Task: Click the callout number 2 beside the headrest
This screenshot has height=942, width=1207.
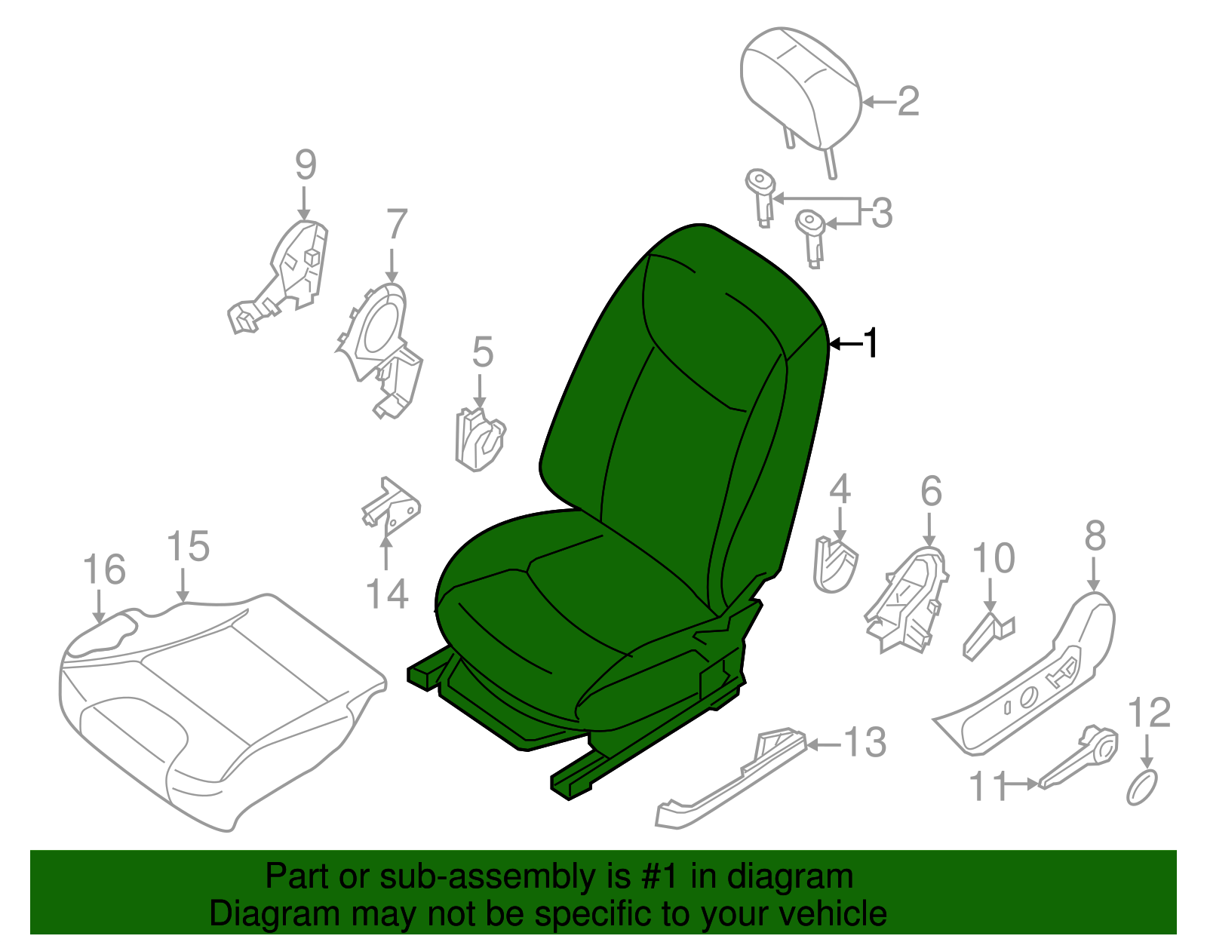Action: pyautogui.click(x=908, y=102)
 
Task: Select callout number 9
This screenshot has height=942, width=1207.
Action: pyautogui.click(x=305, y=165)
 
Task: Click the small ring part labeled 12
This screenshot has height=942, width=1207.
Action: pyautogui.click(x=1142, y=788)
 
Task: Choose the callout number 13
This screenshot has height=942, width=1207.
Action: pyautogui.click(x=864, y=743)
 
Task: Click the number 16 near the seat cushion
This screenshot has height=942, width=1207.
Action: pyautogui.click(x=103, y=570)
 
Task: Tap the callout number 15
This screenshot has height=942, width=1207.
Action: pyautogui.click(x=187, y=547)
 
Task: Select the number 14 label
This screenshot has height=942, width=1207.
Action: pyautogui.click(x=387, y=594)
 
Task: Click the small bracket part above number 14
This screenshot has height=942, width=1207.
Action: pyautogui.click(x=391, y=505)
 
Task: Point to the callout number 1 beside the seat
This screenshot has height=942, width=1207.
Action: pyautogui.click(x=871, y=344)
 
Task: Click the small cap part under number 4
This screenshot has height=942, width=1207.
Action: pyautogui.click(x=835, y=563)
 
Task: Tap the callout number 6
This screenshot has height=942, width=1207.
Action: pyautogui.click(x=931, y=492)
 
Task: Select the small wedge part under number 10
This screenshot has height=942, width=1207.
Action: pyautogui.click(x=987, y=634)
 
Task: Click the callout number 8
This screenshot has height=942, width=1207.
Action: pyautogui.click(x=1095, y=536)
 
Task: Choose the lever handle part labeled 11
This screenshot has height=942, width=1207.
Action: pyautogui.click(x=1077, y=758)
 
